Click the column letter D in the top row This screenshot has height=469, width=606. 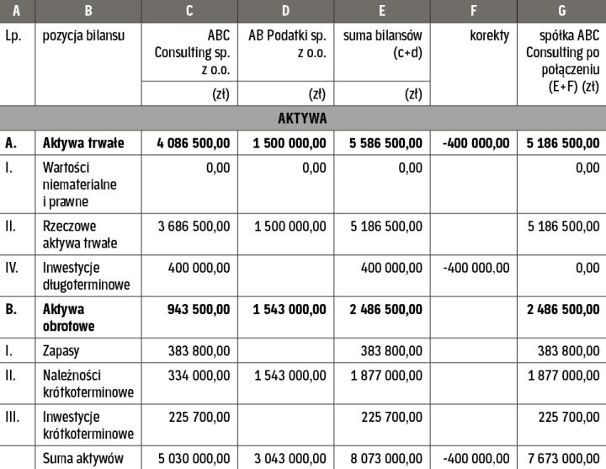285,12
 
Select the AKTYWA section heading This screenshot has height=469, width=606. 302,118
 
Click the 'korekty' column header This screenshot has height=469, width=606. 488,36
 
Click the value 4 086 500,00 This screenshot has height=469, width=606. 193,143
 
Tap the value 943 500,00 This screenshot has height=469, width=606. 198,309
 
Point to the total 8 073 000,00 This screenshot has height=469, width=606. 385,458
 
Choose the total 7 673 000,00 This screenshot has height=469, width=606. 564,458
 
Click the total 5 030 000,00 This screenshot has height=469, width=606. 193,458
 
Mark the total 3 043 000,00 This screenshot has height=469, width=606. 289,458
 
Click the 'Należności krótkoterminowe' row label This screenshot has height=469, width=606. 88,381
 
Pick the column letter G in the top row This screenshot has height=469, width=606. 561,12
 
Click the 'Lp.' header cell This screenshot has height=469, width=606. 13,36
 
